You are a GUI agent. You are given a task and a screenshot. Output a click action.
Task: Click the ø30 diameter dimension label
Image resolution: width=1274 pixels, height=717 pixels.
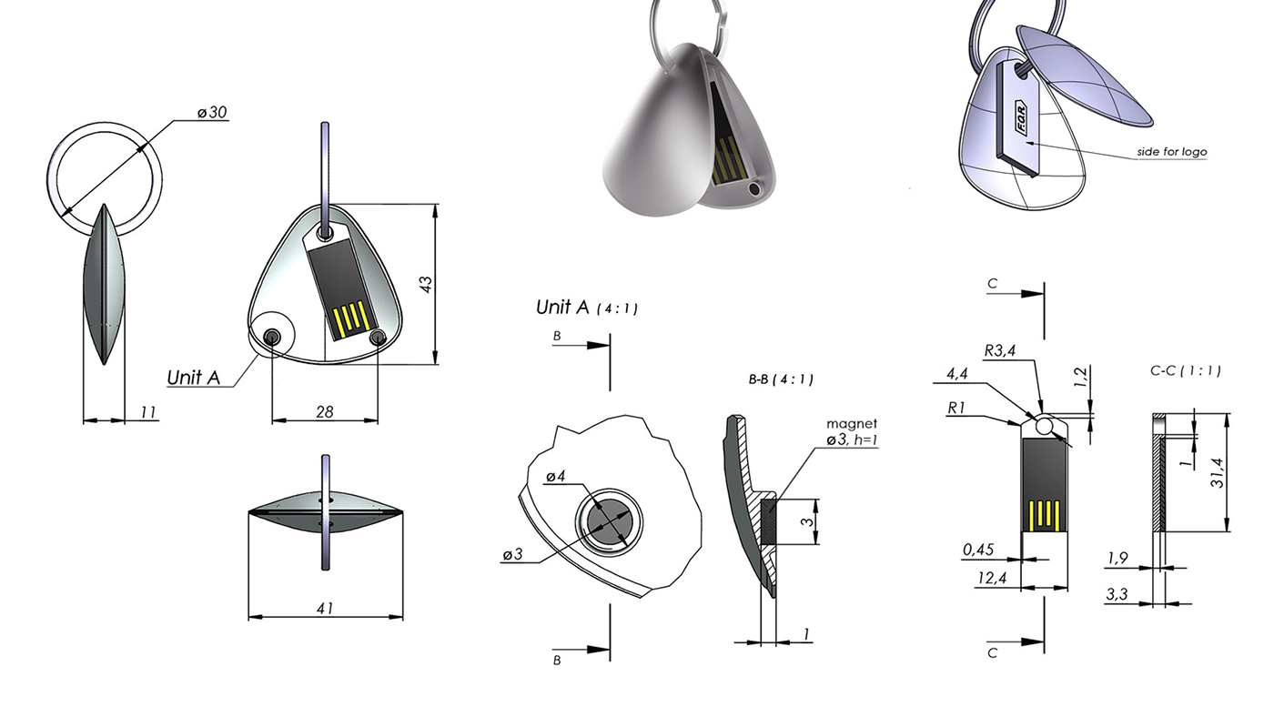pyautogui.click(x=212, y=113)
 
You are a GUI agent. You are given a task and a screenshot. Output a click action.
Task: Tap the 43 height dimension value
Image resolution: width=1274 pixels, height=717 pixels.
pyautogui.click(x=425, y=284)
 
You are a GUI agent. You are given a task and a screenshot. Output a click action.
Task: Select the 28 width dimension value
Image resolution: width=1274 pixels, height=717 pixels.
pyautogui.click(x=324, y=412)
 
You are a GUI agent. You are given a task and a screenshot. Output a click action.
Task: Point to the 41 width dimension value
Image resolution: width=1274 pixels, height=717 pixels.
pyautogui.click(x=325, y=609)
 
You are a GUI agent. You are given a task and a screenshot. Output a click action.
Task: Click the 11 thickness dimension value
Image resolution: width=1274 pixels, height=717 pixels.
pyautogui.click(x=147, y=412)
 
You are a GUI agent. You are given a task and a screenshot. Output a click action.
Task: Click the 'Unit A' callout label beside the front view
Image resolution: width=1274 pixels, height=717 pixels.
pyautogui.click(x=194, y=377)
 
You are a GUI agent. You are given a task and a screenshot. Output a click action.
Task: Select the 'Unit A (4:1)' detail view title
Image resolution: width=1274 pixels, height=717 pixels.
pyautogui.click(x=586, y=308)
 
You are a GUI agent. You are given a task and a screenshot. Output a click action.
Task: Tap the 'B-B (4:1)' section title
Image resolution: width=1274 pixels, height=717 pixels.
pyautogui.click(x=781, y=380)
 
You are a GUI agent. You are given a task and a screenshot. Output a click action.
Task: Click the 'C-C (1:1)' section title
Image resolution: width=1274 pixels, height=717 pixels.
pyautogui.click(x=1185, y=371)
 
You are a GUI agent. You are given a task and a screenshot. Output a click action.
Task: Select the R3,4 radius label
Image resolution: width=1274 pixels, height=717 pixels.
pyautogui.click(x=1001, y=349)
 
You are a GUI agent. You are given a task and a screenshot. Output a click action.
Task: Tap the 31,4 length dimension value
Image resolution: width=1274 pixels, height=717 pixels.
pyautogui.click(x=1243, y=472)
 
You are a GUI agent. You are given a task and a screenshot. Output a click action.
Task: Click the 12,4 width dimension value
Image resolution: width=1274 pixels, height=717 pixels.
pyautogui.click(x=994, y=578)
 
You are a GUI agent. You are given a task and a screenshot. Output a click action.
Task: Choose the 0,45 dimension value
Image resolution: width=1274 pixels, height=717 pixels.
pyautogui.click(x=978, y=549)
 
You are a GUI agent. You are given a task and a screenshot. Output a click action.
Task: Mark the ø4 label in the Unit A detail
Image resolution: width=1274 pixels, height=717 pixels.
pyautogui.click(x=556, y=477)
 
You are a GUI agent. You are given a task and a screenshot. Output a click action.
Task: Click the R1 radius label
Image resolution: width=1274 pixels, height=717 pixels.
pyautogui.click(x=956, y=409)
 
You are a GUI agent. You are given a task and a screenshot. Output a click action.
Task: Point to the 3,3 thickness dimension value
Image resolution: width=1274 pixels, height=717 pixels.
pyautogui.click(x=1118, y=594)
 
